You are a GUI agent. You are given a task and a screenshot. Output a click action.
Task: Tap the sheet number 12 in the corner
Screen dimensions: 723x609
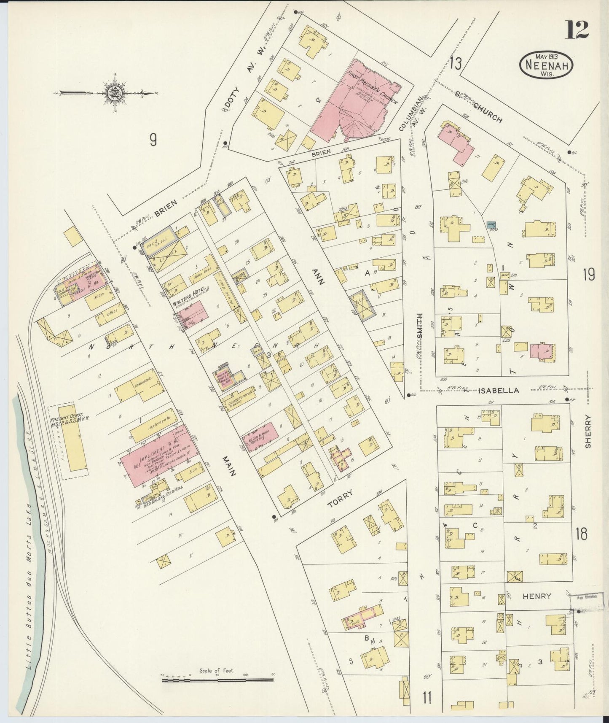click(x=577, y=30)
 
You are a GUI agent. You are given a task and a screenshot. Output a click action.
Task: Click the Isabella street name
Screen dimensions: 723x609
click(x=498, y=391)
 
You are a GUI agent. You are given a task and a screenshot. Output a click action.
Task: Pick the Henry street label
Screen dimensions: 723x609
click(x=537, y=596)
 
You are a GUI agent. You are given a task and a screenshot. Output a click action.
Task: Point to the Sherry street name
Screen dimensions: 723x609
click(x=588, y=431)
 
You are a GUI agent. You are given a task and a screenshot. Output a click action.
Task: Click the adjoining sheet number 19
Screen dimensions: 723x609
click(x=588, y=275)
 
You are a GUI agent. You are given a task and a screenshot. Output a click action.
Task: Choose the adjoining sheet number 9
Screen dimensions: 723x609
click(x=153, y=140)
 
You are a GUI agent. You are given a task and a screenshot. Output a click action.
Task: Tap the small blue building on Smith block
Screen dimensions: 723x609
click(x=491, y=225)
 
